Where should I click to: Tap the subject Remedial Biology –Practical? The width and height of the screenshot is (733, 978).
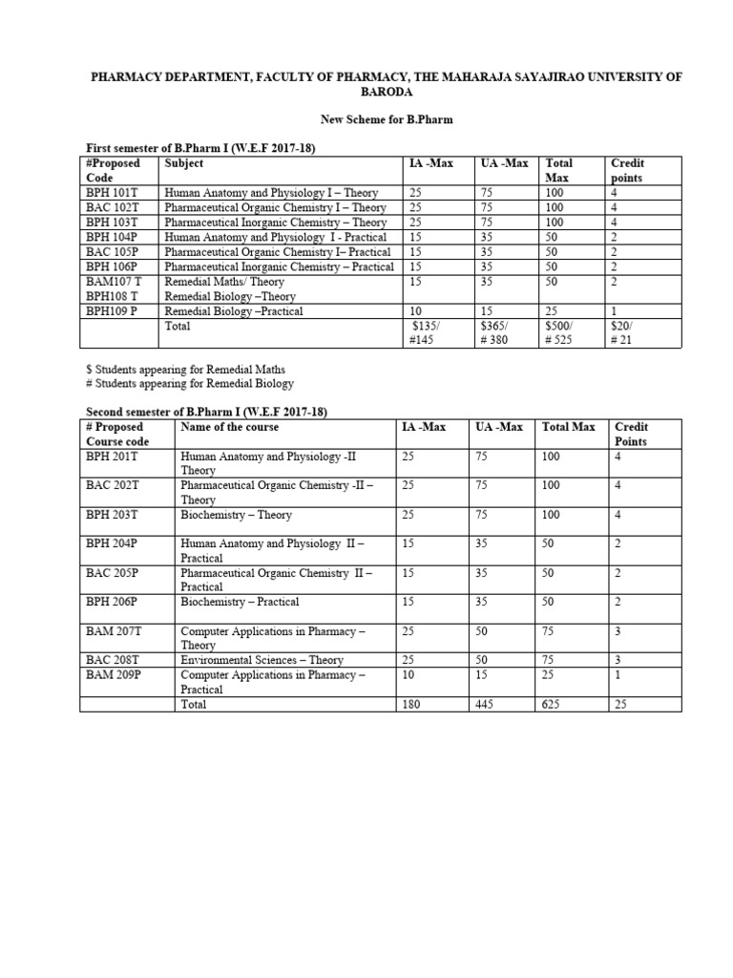[234, 311]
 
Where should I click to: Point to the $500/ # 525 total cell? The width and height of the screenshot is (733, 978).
[560, 333]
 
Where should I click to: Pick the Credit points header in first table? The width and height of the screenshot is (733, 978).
[627, 171]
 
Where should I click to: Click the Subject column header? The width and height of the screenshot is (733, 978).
[184, 163]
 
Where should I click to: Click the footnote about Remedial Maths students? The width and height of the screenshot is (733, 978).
[186, 369]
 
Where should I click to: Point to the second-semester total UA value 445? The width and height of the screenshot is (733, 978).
[487, 704]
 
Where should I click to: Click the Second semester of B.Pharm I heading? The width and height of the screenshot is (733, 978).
[207, 412]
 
